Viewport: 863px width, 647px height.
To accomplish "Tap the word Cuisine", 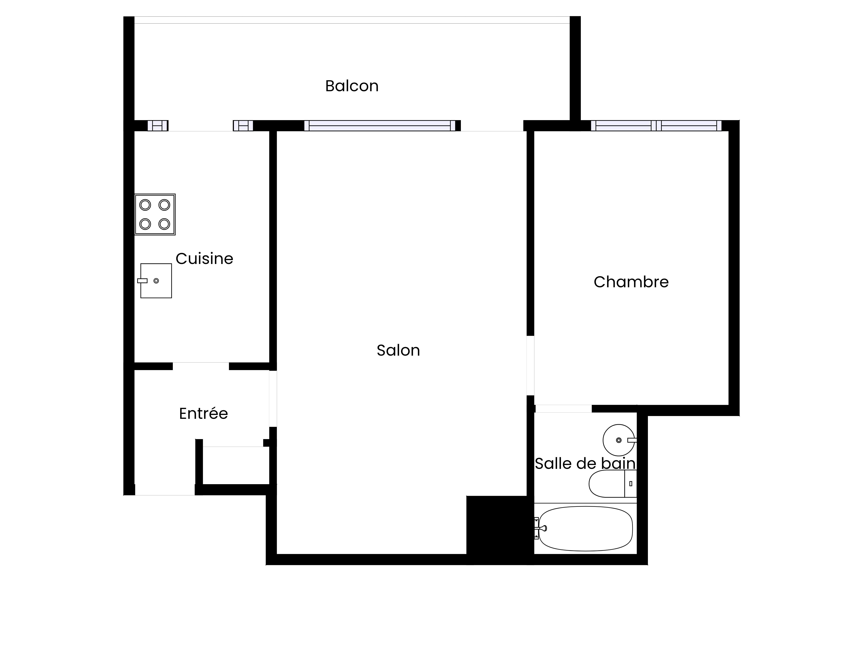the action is tap(205, 259).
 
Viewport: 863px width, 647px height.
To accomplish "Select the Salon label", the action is tap(398, 350).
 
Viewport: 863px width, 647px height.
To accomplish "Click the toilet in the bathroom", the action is tap(613, 484).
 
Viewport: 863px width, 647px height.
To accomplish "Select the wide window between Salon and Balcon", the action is tap(380, 126).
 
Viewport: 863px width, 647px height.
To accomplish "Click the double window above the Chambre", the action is tap(656, 126).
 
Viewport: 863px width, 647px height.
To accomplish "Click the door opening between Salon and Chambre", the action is tap(531, 365).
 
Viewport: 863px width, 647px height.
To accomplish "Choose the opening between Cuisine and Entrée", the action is tap(201, 366).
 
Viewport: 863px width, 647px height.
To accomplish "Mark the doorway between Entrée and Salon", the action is tap(273, 399).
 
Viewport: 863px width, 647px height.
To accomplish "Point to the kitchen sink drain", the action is tap(156, 281).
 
